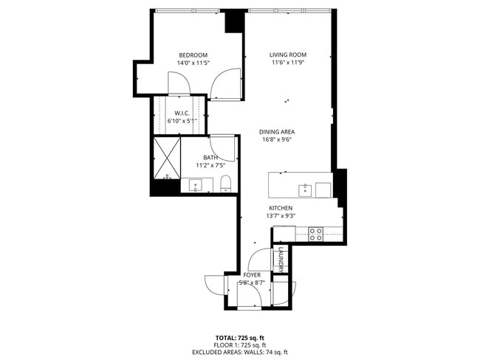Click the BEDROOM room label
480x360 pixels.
193,55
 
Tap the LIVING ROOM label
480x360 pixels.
287,55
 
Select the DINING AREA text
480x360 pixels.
277,132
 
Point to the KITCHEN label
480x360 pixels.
281,208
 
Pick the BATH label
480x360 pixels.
210,158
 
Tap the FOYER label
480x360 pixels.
252,274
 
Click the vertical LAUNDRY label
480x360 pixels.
281,259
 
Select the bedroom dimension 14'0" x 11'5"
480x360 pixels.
193,63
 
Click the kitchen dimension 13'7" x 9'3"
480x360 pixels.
281,216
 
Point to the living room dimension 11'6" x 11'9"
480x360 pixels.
287,63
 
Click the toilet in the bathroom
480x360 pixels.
227,184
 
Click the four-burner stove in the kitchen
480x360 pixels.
315,234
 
